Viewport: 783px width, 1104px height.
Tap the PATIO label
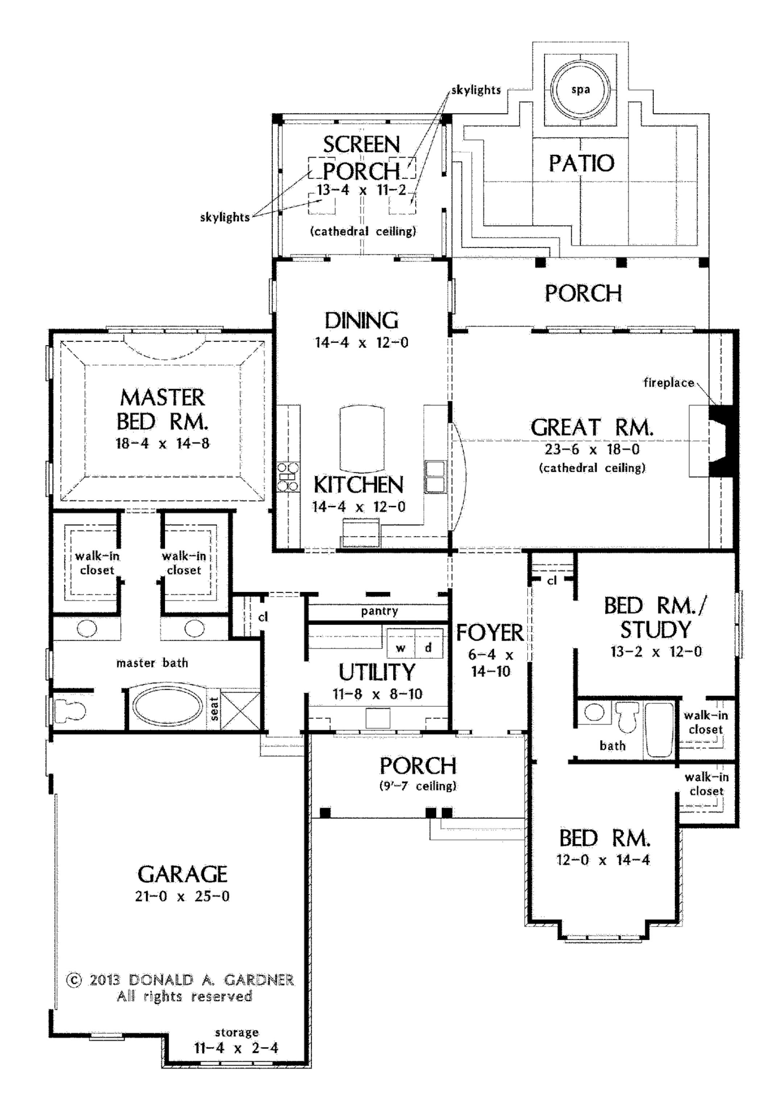581,163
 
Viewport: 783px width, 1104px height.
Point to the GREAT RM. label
592,428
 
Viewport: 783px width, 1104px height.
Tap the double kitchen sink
435,476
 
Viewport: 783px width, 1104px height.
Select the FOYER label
490,633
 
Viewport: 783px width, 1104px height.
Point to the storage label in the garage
236,1033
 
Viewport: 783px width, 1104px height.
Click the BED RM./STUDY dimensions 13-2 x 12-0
656,652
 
